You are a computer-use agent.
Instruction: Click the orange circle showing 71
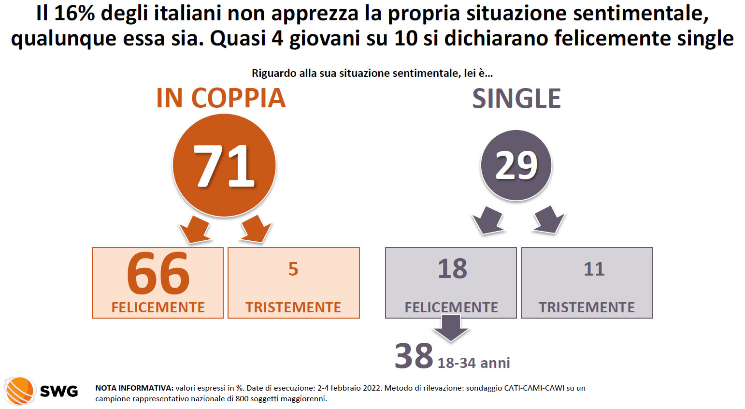[224, 165]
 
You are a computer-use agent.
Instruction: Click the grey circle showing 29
[516, 165]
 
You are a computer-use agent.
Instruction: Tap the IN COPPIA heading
[221, 98]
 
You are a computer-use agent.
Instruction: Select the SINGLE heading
[516, 99]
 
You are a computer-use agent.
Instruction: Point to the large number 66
[158, 274]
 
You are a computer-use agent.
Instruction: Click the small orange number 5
[293, 269]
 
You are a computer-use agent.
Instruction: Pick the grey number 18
[452, 269]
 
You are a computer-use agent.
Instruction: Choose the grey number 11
[594, 269]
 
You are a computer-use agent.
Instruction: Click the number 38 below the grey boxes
[414, 356]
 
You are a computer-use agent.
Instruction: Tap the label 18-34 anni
[473, 363]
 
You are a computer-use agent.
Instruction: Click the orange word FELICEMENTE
[158, 307]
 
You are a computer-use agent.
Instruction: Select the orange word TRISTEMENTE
[293, 307]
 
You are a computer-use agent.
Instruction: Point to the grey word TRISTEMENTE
[587, 307]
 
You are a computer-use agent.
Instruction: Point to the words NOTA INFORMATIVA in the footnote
[134, 388]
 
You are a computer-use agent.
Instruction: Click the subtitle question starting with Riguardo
[372, 73]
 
